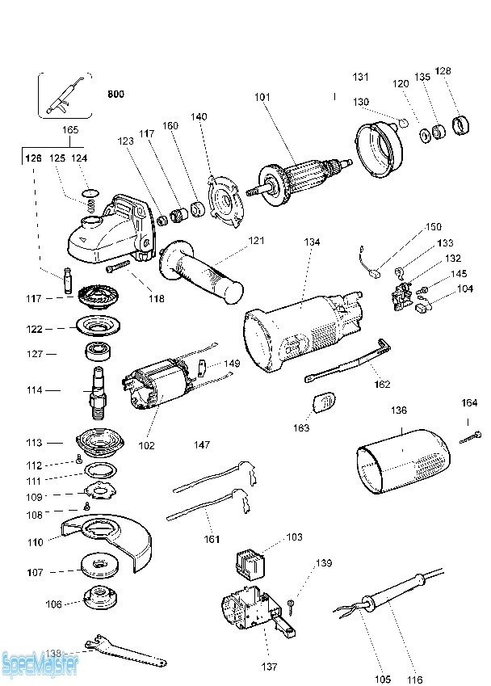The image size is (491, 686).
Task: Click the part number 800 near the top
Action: [x=116, y=94]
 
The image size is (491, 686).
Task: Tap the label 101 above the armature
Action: [x=262, y=98]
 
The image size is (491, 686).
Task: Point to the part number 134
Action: [x=312, y=242]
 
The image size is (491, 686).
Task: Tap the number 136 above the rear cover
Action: [x=399, y=410]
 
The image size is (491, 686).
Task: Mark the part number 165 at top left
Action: [x=70, y=129]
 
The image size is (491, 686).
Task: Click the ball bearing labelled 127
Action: [x=97, y=353]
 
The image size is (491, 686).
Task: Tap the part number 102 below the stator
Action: [x=147, y=445]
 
